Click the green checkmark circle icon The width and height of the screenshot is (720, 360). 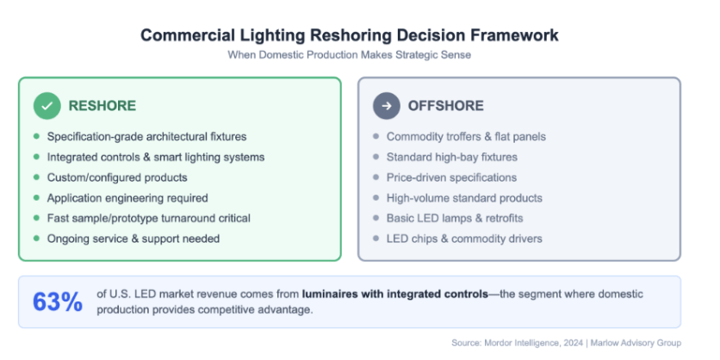click(47, 106)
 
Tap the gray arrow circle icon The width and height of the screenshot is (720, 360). click(386, 106)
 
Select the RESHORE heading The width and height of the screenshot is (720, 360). click(102, 106)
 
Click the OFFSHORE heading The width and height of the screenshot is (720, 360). click(446, 106)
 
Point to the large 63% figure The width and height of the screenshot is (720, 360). click(58, 302)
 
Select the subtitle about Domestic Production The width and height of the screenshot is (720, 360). click(350, 54)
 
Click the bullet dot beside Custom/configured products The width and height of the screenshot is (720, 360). click(36, 177)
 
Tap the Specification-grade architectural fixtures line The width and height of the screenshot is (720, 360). click(147, 137)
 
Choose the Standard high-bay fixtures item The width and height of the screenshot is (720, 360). click(452, 158)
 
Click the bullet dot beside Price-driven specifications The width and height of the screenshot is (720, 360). click(376, 177)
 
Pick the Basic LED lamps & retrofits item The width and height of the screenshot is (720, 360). click(455, 218)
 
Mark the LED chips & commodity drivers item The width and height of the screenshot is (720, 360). click(464, 239)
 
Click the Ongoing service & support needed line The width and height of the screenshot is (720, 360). click(133, 239)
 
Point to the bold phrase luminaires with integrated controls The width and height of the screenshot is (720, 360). click(395, 295)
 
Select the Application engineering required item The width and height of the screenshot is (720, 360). click(127, 198)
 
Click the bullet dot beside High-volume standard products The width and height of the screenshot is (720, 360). click(376, 198)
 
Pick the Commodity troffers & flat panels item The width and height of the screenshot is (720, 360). click(466, 137)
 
